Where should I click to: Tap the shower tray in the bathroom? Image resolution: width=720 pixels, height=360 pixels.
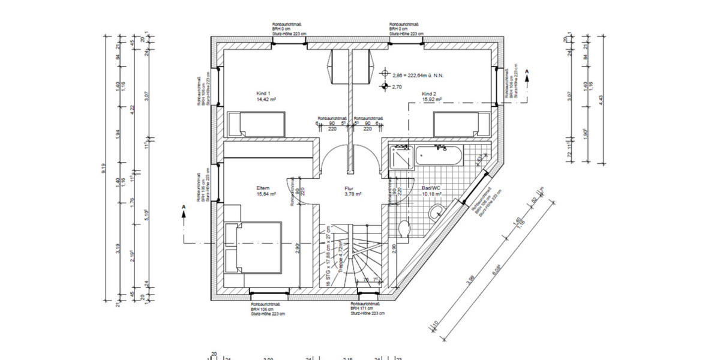pyautogui.click(x=400, y=157)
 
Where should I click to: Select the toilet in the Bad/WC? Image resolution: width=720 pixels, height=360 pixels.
pyautogui.click(x=403, y=229)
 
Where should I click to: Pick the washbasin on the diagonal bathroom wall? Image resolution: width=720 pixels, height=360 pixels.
pyautogui.click(x=438, y=210)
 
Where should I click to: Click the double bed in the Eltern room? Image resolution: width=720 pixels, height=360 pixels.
pyautogui.click(x=253, y=247)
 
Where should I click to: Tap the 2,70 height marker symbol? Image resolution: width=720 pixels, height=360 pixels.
pyautogui.click(x=384, y=87)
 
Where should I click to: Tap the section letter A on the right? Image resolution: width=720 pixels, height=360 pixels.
pyautogui.click(x=527, y=71)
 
